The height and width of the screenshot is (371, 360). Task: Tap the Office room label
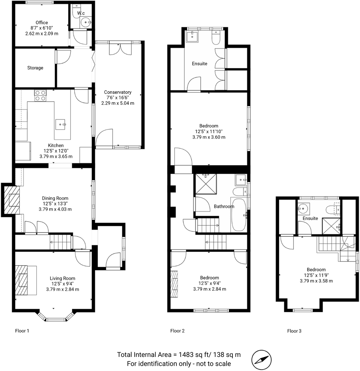pyautogui.click(x=42, y=23)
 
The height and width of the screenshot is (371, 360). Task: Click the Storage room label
pyautogui.click(x=35, y=68)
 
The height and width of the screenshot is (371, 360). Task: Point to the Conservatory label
pyautogui.click(x=118, y=92)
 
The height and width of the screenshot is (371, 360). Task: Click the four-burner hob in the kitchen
pyautogui.click(x=41, y=95)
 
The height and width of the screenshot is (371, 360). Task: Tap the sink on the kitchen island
pyautogui.click(x=61, y=124)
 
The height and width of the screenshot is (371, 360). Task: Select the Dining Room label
pyautogui.click(x=55, y=198)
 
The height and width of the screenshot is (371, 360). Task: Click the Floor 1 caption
pyautogui.click(x=22, y=331)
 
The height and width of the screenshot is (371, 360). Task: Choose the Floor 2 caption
pyautogui.click(x=177, y=331)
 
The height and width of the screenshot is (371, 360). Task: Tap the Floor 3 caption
pyautogui.click(x=294, y=331)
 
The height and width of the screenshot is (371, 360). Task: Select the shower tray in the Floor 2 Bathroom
pyautogui.click(x=206, y=184)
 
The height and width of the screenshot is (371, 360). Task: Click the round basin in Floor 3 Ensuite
pyautogui.click(x=303, y=208)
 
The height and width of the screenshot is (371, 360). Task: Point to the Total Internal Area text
pyautogui.click(x=179, y=354)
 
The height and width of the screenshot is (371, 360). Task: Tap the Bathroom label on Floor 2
pyautogui.click(x=224, y=206)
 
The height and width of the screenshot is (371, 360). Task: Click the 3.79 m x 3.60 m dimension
pyautogui.click(x=209, y=137)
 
